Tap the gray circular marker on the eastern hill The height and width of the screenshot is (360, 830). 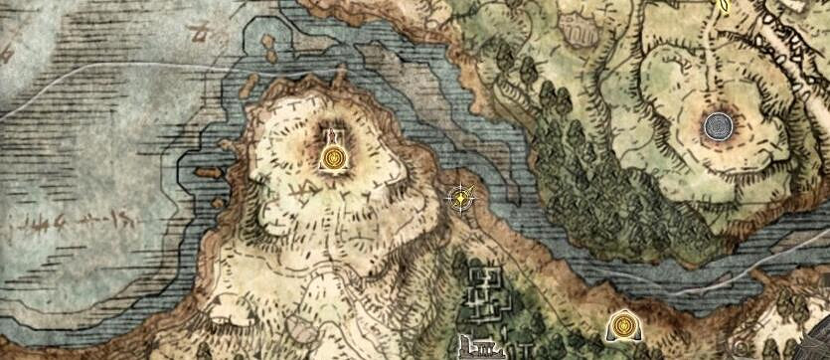click(x=718, y=126)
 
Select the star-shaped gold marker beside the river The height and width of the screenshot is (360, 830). click(x=462, y=198)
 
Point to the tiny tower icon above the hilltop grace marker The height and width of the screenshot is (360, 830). click(x=331, y=133)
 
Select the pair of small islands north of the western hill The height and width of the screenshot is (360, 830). click(x=265, y=46)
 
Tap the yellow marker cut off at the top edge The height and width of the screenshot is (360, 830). click(x=725, y=4)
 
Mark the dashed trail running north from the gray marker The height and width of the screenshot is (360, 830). click(x=708, y=60)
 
